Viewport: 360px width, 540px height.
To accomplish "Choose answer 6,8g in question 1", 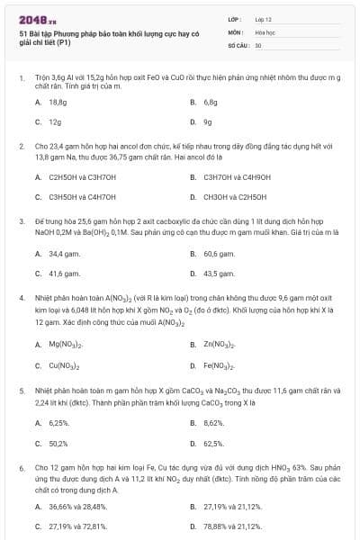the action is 211,103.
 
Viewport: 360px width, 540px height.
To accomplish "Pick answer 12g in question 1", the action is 55,121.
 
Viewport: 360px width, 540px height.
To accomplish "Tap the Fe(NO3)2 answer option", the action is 220,365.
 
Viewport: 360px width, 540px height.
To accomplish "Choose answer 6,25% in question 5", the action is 59,422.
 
